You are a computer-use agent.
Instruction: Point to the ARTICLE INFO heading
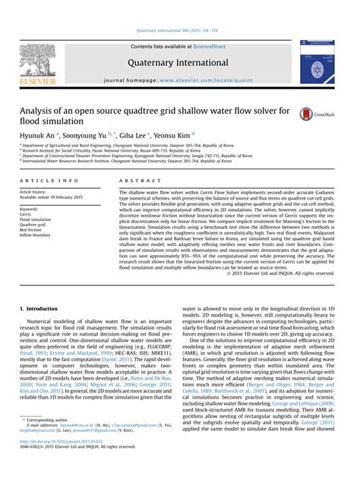[x=49, y=181]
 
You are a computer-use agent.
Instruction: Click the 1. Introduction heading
[x=37, y=310]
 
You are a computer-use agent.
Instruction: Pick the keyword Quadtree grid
[x=33, y=225]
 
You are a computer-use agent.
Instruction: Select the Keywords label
[x=29, y=209]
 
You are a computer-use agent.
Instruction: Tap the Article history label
[x=33, y=192]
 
